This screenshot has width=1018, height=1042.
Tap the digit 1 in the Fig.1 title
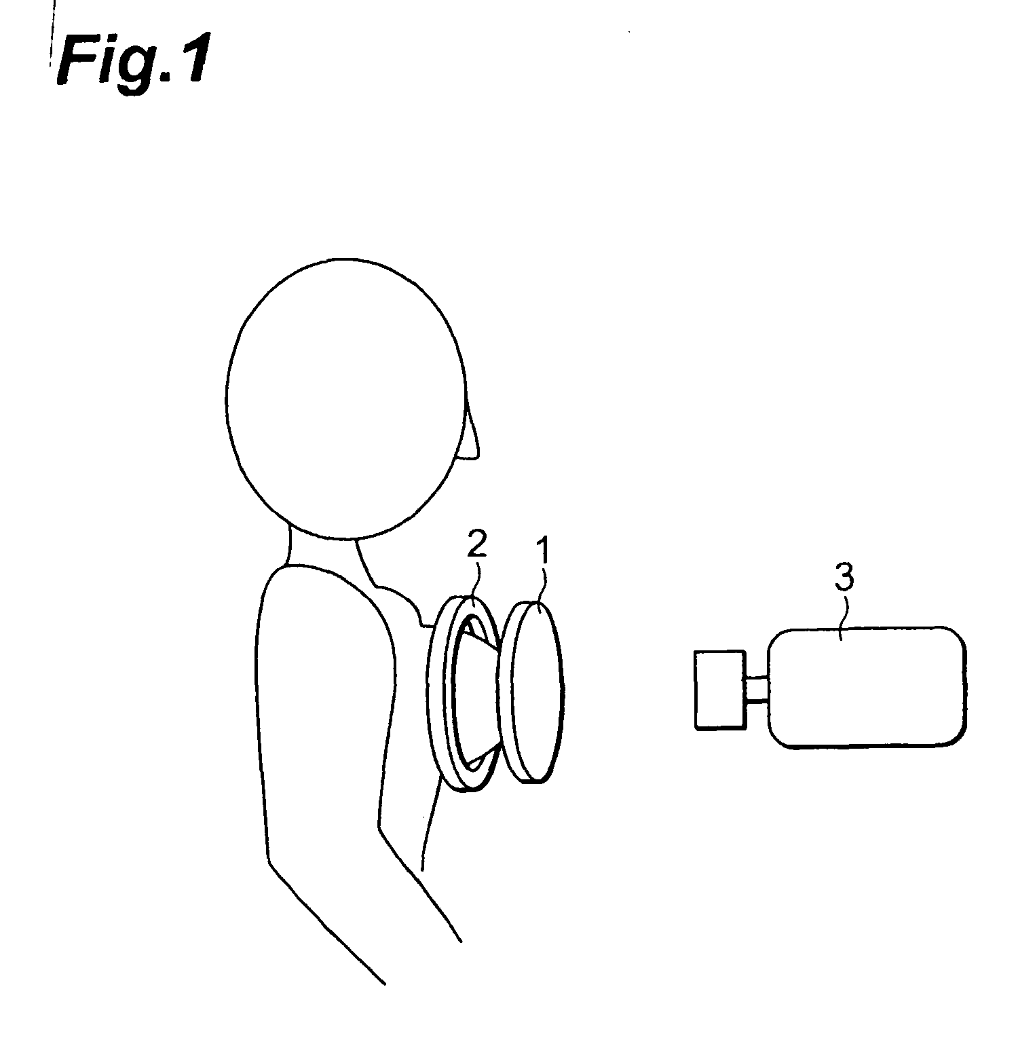(x=186, y=61)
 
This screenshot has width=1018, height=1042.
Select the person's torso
(x=326, y=713)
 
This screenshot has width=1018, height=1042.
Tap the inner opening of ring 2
(x=468, y=692)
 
